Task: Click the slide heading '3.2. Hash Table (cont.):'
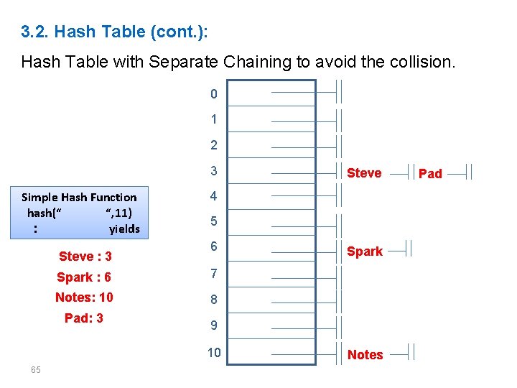click(115, 32)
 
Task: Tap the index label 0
click(213, 94)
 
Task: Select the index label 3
click(213, 171)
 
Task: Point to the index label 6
click(213, 246)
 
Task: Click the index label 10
click(214, 352)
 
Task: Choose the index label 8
click(213, 299)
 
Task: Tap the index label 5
click(213, 221)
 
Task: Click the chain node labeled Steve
click(364, 172)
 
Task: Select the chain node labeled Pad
click(430, 173)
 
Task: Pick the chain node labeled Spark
click(365, 251)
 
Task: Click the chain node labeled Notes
click(365, 354)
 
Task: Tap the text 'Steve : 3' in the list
click(85, 257)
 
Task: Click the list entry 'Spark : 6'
click(84, 277)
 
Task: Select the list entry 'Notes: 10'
click(84, 297)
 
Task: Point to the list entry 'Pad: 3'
click(84, 318)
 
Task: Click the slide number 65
click(35, 369)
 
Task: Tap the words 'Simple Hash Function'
click(79, 197)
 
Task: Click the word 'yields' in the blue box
click(124, 229)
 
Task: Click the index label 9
click(213, 325)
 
